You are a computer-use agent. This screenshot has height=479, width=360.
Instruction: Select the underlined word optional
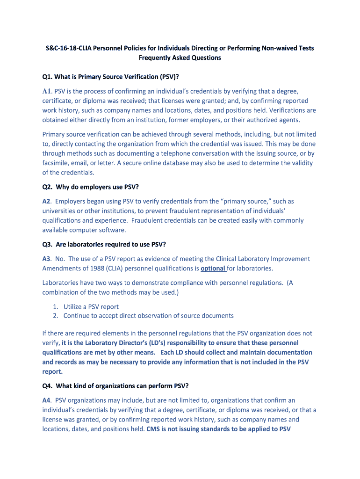coord(213,269)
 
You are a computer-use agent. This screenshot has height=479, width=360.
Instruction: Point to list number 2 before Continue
coord(55,316)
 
